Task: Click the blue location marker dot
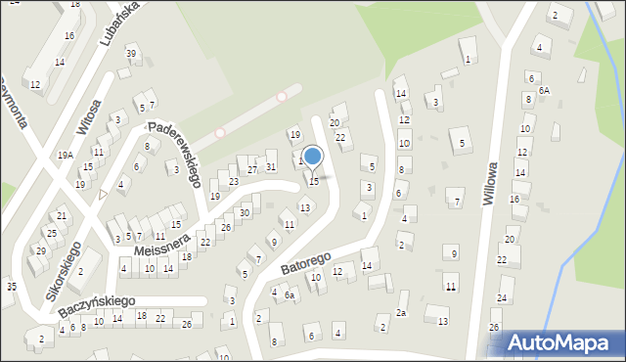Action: pos(313,156)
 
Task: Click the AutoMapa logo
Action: pos(561,343)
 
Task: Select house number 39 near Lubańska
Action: pos(131,52)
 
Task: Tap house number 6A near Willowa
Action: pos(544,90)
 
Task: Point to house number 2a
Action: pos(401,312)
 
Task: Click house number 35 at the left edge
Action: pos(11,287)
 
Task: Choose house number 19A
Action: pos(65,155)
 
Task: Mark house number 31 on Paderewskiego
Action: pos(271,167)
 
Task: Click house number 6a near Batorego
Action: pos(290,294)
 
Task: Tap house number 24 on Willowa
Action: pos(502,296)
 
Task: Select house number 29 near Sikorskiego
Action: pos(41,251)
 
